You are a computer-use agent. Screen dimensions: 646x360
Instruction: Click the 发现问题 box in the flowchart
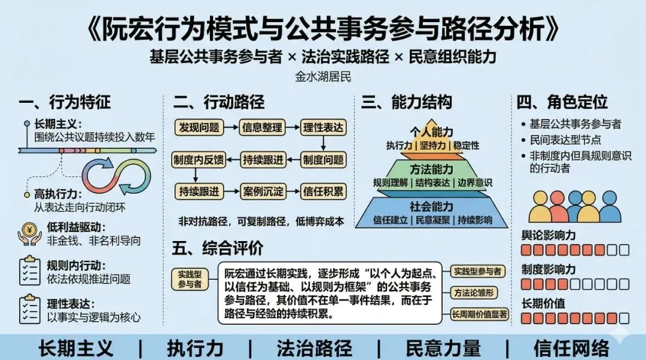click(x=198, y=127)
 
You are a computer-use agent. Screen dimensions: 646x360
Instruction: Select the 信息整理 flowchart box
click(x=261, y=127)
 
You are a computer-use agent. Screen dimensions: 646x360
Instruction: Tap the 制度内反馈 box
click(x=198, y=160)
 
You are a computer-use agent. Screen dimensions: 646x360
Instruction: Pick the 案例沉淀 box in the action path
click(x=261, y=192)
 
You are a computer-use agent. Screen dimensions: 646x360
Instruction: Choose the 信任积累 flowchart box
click(x=323, y=192)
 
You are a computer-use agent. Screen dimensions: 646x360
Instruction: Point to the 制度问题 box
click(x=323, y=160)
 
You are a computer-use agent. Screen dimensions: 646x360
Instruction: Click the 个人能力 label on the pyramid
click(x=431, y=132)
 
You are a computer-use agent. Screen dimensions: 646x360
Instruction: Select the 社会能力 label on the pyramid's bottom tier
click(x=431, y=207)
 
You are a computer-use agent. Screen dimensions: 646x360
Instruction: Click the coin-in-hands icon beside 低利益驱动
click(x=29, y=234)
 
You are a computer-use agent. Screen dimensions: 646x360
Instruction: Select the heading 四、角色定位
click(x=562, y=102)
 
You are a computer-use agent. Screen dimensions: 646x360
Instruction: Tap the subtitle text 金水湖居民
click(x=323, y=77)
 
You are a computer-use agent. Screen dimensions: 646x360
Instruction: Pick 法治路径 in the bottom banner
click(x=314, y=347)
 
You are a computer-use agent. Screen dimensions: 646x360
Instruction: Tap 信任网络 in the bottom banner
click(x=571, y=347)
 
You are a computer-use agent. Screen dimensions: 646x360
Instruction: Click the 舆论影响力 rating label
click(x=549, y=235)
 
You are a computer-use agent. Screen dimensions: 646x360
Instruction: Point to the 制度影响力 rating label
click(x=549, y=269)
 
